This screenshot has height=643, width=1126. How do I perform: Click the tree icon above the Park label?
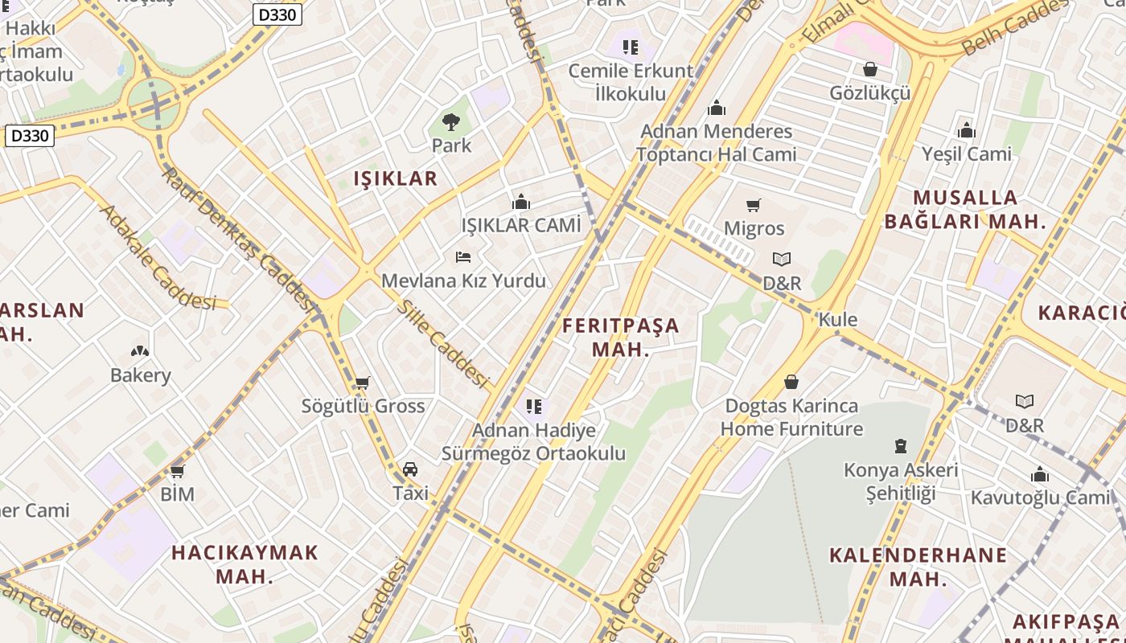tap(451, 122)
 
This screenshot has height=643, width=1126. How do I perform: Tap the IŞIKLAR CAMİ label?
tap(520, 225)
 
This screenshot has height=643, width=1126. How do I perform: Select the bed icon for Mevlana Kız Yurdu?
tap(463, 257)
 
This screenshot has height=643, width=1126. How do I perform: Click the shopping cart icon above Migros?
tap(754, 206)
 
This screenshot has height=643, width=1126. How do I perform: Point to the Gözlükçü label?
tap(870, 93)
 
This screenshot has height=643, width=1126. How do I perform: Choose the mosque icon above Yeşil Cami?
tap(967, 130)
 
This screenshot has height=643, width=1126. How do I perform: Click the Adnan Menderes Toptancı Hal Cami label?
tap(716, 142)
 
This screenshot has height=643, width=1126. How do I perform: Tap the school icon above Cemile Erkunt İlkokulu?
tap(631, 47)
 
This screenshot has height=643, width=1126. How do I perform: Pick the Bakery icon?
tap(140, 351)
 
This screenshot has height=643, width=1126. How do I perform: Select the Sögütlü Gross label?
tap(363, 406)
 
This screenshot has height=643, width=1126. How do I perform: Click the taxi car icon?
tap(410, 469)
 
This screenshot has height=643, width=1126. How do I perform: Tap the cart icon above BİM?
tap(177, 471)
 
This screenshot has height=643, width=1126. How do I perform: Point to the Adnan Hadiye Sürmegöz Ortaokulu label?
tap(533, 441)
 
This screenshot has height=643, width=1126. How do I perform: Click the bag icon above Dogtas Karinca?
tap(791, 382)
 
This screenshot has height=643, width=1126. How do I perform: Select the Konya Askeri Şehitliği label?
tap(901, 481)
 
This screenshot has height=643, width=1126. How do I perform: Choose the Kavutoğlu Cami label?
tap(1040, 498)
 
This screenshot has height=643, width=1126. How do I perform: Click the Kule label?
tap(837, 320)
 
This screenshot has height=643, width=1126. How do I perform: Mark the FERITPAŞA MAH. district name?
tap(620, 338)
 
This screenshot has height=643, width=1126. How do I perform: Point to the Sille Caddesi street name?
tap(443, 344)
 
